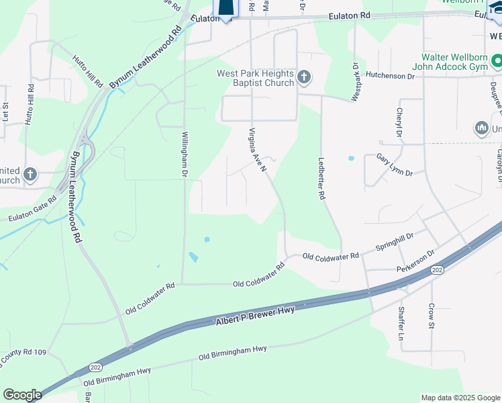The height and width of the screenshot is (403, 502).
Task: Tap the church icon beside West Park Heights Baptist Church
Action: click(x=304, y=78)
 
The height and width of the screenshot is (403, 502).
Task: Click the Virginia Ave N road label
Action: click(x=258, y=148)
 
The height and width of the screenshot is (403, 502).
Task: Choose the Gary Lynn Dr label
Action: click(x=394, y=164)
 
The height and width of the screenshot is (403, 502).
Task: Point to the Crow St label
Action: click(x=431, y=315)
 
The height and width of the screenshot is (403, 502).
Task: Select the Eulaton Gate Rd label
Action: click(x=32, y=214)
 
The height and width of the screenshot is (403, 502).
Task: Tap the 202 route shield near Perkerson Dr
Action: click(x=437, y=270)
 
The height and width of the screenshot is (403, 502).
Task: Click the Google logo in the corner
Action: click(x=22, y=395)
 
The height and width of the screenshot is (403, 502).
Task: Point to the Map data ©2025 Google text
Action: click(x=460, y=398)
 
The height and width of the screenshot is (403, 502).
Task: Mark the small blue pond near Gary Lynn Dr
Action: click(x=351, y=159)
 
